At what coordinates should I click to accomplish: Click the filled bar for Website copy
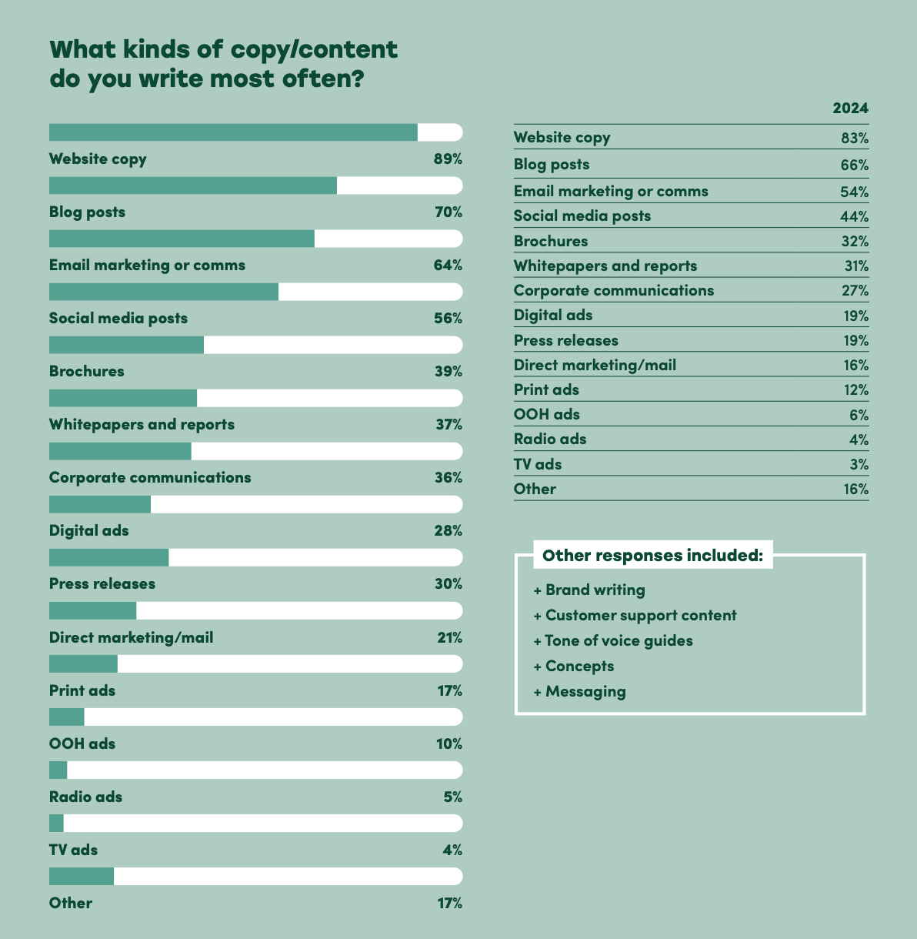(x=233, y=132)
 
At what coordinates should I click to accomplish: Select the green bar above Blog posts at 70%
(x=192, y=185)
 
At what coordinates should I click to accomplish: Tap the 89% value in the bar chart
(x=447, y=159)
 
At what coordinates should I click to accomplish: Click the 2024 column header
(x=850, y=109)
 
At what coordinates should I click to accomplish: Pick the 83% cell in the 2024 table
(x=854, y=139)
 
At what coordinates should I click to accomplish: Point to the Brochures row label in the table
(x=551, y=241)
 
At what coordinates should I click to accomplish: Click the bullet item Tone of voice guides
(x=613, y=641)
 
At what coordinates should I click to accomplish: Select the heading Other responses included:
(x=652, y=556)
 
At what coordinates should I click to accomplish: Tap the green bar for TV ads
(x=56, y=824)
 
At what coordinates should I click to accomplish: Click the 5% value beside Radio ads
(x=452, y=797)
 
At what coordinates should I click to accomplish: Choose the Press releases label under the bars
(x=102, y=584)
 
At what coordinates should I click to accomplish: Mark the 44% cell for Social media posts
(x=854, y=216)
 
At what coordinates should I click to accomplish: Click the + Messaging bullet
(x=580, y=692)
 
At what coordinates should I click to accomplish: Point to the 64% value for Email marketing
(x=448, y=266)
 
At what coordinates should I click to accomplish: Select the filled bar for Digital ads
(x=100, y=504)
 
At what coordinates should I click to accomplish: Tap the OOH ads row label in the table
(x=547, y=414)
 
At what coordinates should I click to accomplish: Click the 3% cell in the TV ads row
(x=859, y=464)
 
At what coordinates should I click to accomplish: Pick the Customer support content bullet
(x=635, y=616)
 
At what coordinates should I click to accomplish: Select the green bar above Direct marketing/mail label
(x=92, y=610)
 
